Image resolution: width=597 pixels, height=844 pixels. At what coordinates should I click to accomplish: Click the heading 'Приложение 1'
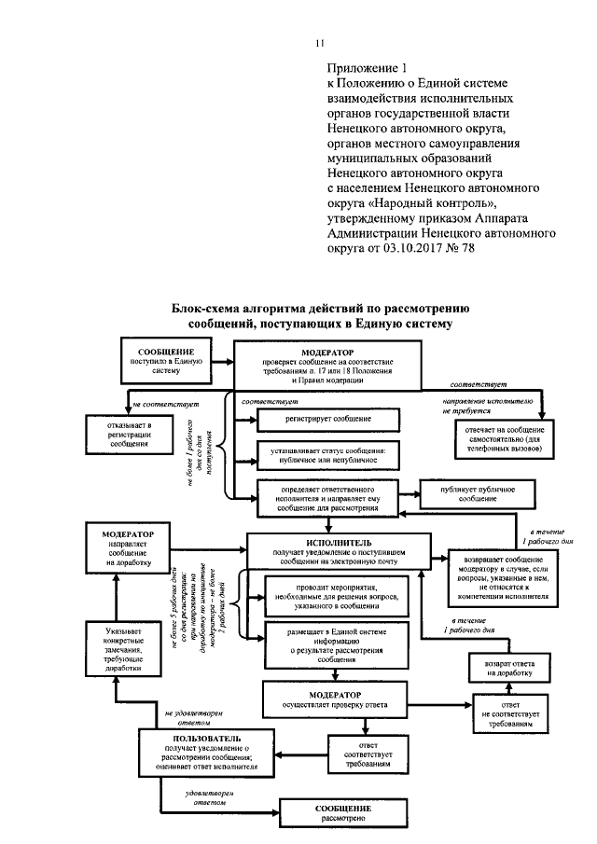(x=368, y=68)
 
